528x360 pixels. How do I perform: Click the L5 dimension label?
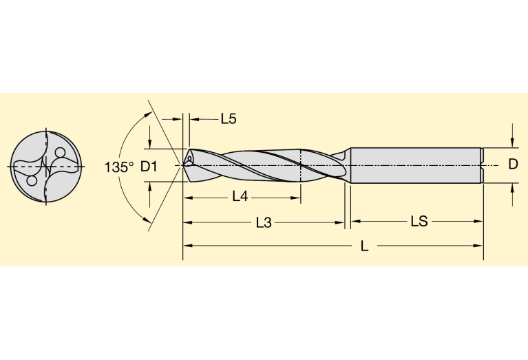229,119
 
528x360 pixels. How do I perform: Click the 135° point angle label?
119,167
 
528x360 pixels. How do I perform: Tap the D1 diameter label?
149,167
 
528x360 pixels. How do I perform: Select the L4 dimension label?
240,197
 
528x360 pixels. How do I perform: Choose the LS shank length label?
419,222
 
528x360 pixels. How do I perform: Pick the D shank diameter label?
512,165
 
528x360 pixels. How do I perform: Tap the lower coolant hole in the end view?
32,180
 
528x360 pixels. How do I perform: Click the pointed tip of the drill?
183,165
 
